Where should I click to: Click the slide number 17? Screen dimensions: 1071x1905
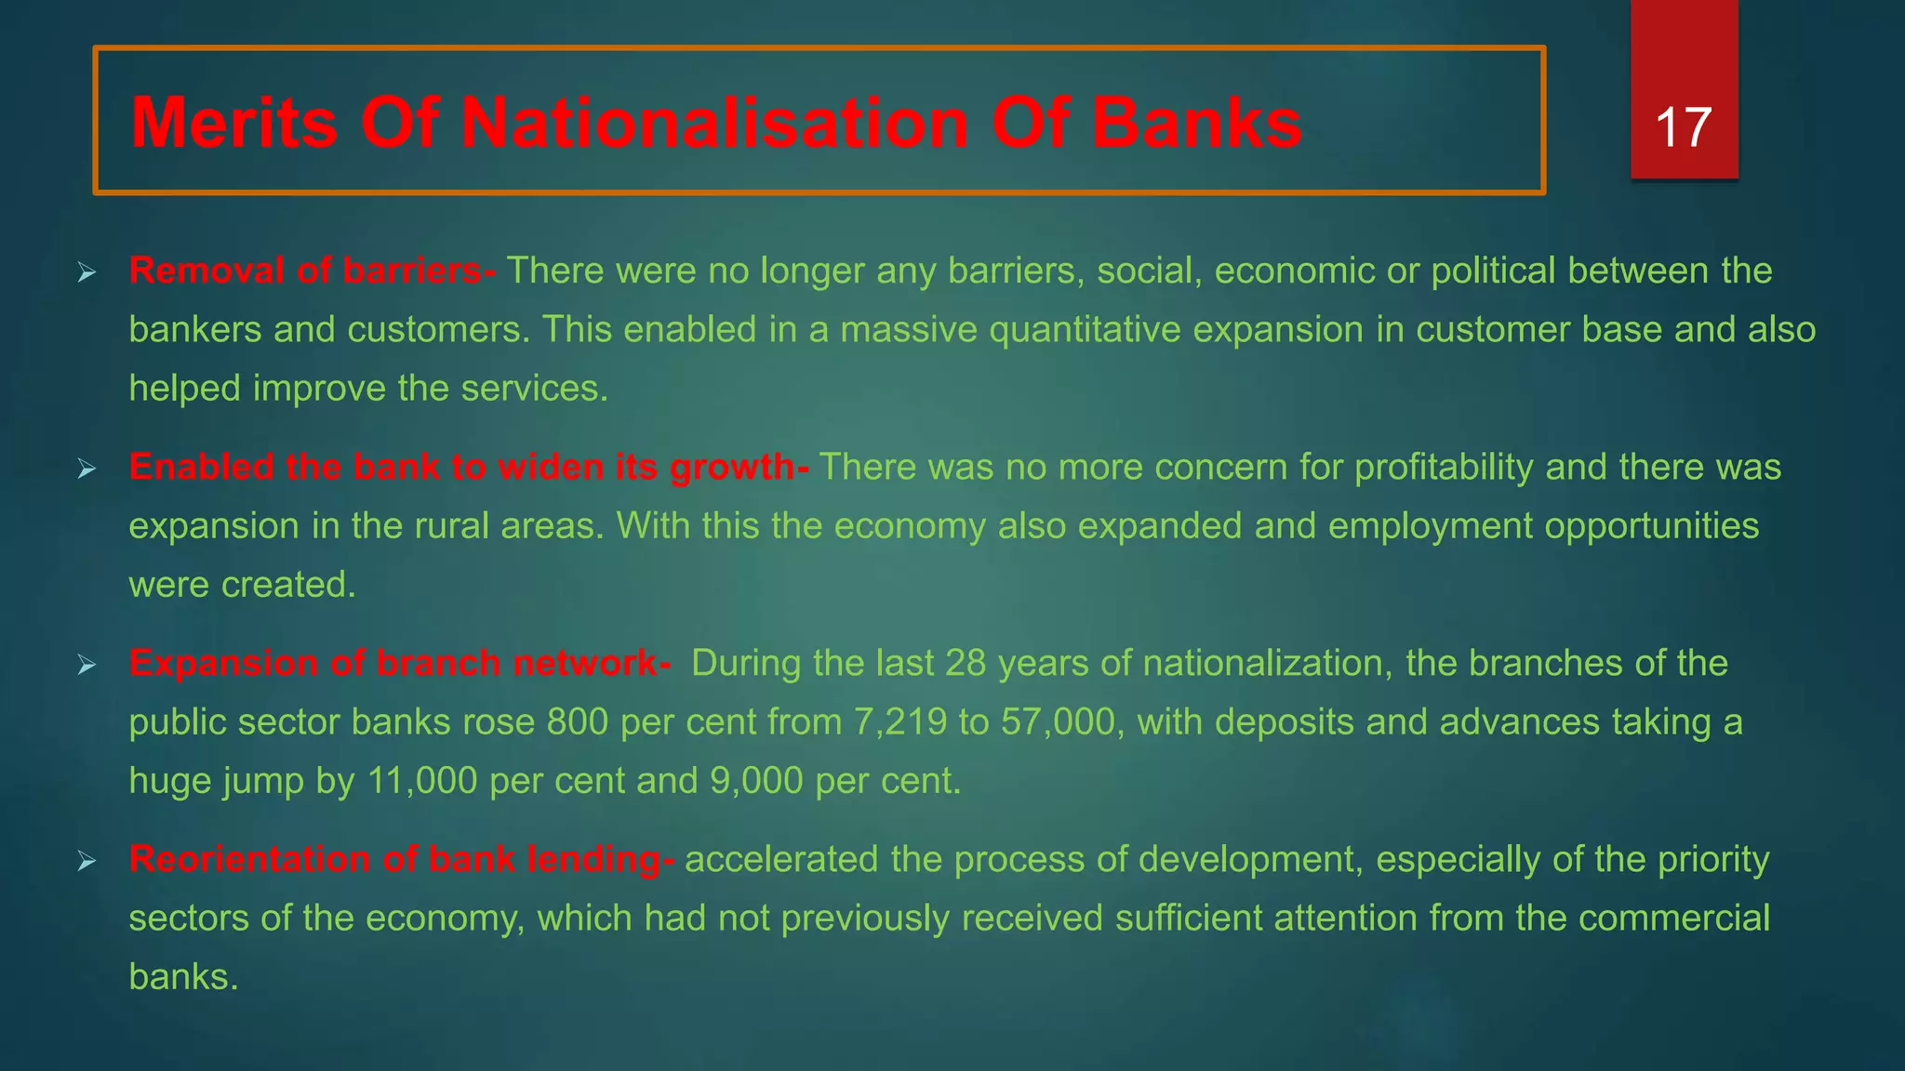[1684, 127]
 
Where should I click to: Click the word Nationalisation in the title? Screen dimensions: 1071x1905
[714, 123]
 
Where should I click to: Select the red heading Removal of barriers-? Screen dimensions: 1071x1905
[313, 271]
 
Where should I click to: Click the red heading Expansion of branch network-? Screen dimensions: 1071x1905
[400, 663]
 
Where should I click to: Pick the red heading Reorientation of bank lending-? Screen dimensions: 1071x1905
[402, 859]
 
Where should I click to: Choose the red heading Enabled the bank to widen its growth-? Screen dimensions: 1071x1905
[469, 467]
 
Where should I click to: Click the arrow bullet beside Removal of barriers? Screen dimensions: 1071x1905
[87, 272]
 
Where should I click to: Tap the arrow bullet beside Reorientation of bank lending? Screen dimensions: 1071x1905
[87, 861]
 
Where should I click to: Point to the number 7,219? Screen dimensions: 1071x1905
[899, 722]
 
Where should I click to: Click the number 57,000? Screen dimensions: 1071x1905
[1058, 722]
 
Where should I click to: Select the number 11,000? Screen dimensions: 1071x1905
[422, 781]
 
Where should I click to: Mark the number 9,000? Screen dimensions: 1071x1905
[756, 781]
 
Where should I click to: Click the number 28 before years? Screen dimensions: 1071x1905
[966, 664]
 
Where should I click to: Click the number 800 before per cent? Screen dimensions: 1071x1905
[578, 722]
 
